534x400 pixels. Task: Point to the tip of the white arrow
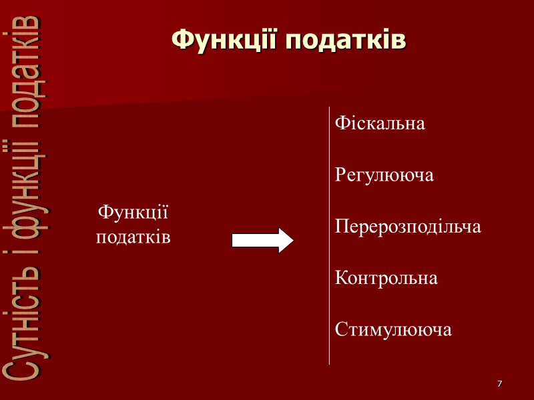coord(292,240)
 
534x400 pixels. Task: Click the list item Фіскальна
coord(380,123)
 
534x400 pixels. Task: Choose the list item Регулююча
coord(384,175)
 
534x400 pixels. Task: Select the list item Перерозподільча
coord(408,227)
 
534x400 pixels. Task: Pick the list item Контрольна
coord(386,278)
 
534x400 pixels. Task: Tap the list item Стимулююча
coord(393,329)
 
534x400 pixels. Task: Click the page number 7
coord(499,385)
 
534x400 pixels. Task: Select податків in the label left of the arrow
coord(133,237)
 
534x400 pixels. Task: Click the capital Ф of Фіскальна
coord(340,123)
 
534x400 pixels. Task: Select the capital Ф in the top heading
coord(181,39)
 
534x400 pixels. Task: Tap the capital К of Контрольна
coord(340,278)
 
